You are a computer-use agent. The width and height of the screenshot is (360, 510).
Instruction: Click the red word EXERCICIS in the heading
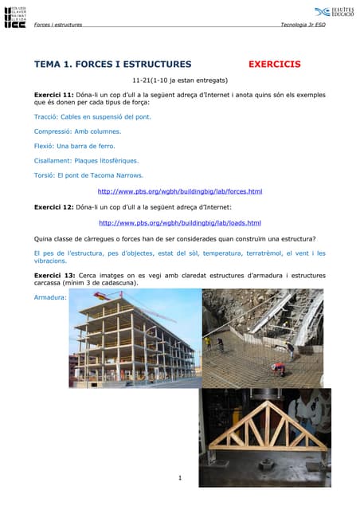coord(275,64)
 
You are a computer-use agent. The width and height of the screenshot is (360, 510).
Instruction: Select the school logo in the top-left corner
coord(15,16)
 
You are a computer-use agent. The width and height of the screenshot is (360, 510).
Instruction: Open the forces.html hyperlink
coord(179,192)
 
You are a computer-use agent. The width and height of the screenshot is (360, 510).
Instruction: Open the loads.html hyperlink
coord(179,223)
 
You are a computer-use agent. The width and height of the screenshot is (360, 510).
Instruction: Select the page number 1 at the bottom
coord(181,478)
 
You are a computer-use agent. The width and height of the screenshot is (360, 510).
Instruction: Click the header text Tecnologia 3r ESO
coord(303,25)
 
